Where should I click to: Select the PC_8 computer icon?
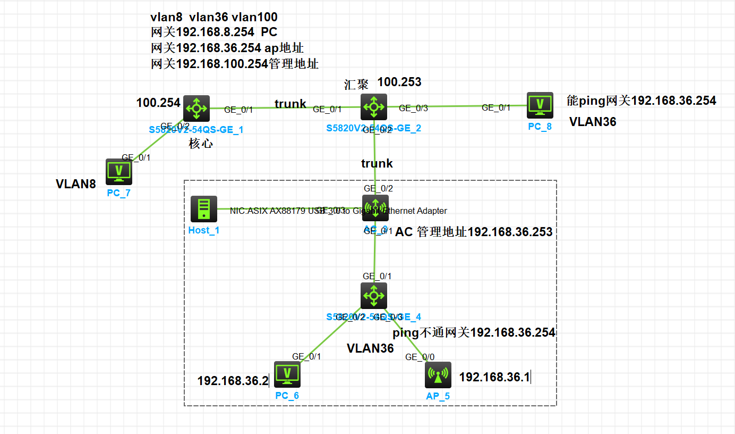click(540, 105)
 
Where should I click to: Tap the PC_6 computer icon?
click(287, 374)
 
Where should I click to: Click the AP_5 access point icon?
click(438, 375)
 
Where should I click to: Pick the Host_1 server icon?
click(204, 209)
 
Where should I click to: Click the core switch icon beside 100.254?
click(196, 108)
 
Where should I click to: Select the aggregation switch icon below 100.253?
click(374, 107)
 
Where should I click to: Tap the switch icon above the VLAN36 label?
click(374, 296)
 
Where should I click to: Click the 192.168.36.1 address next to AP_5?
click(494, 377)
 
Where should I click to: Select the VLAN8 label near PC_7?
click(76, 184)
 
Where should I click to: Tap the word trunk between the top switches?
click(290, 104)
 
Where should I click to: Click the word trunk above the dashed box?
click(377, 163)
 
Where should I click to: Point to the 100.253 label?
click(399, 82)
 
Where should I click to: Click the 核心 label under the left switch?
click(201, 144)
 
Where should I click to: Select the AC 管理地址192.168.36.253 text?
click(474, 232)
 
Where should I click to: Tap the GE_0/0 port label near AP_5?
click(416, 357)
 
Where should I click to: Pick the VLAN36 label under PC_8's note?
click(593, 122)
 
